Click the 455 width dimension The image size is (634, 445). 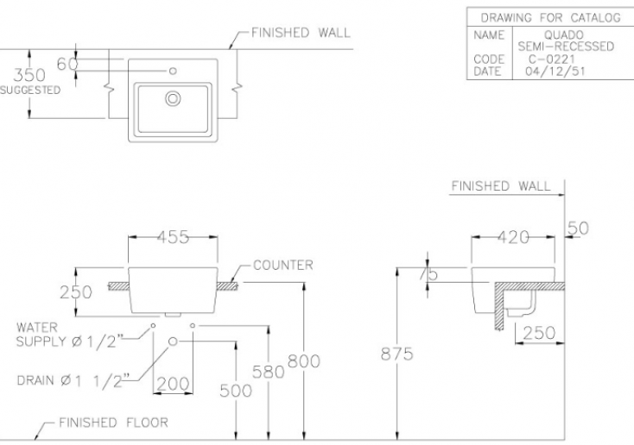173,239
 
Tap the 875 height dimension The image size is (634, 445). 396,354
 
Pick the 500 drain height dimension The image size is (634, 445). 236,391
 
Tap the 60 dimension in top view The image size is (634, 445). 67,63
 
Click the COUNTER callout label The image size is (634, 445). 282,266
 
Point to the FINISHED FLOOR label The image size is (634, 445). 113,423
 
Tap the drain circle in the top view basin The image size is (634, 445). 173,98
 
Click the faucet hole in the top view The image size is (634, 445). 173,70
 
